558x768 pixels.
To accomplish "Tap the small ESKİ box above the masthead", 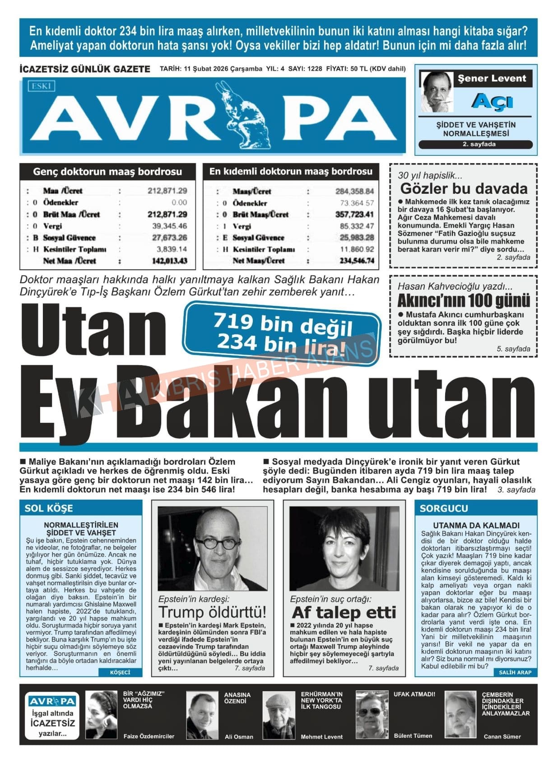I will pyautogui.click(x=41, y=86).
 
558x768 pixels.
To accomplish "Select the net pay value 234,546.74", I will pyautogui.click(x=357, y=261).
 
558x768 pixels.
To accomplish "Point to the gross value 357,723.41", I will pyautogui.click(x=354, y=214).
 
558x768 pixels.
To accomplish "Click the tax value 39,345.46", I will pyautogui.click(x=169, y=226).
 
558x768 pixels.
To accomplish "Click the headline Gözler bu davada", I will pyautogui.click(x=464, y=188).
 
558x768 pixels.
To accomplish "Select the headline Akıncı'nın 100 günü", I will pyautogui.click(x=464, y=300).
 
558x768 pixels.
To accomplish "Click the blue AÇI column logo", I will pyautogui.click(x=492, y=102).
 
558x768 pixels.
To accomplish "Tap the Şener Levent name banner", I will pyautogui.click(x=492, y=78).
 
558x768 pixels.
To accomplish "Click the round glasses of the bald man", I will pyautogui.click(x=218, y=542).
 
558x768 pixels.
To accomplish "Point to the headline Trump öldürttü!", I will pyautogui.click(x=212, y=612).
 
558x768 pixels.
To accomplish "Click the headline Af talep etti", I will pyautogui.click(x=344, y=613).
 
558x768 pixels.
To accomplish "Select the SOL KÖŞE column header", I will pyautogui.click(x=49, y=508).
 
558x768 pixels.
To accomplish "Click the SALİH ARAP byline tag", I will pyautogui.click(x=515, y=672).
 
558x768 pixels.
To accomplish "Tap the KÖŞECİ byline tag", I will pyautogui.click(x=120, y=672).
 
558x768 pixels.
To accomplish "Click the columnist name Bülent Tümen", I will pyautogui.click(x=413, y=736).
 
